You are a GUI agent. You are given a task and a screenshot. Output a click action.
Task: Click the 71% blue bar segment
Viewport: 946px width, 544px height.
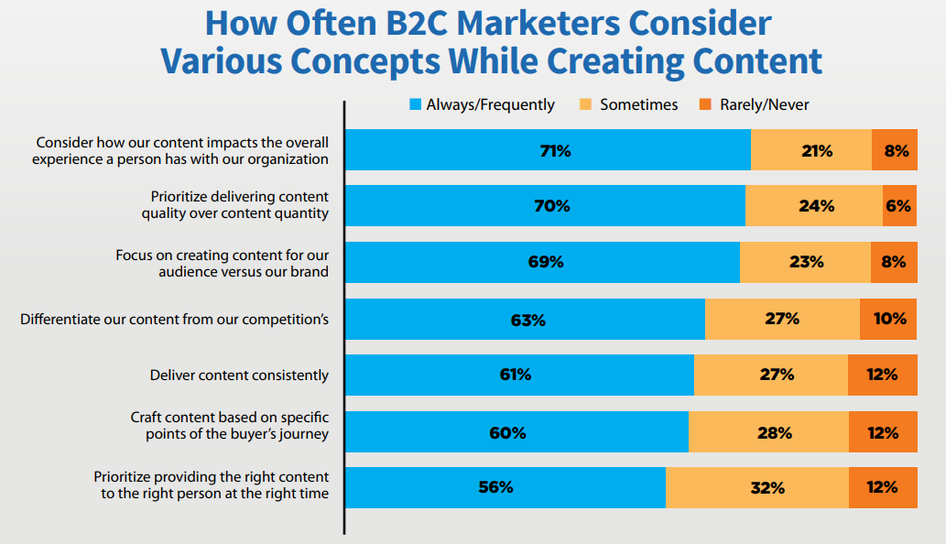coord(548,150)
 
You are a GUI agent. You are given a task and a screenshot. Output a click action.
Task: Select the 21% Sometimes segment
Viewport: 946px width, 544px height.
coord(811,150)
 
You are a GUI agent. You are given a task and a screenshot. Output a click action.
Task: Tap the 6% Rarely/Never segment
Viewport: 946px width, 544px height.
coord(899,206)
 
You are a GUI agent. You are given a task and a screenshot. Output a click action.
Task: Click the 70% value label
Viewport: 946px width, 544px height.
coord(551,206)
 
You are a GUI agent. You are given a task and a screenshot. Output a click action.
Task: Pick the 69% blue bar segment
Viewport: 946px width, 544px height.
coord(542,262)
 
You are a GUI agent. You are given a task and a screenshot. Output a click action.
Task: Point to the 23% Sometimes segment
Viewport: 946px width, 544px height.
coord(805,262)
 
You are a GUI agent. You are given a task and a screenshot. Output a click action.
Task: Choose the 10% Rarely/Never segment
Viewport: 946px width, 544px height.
coord(888,319)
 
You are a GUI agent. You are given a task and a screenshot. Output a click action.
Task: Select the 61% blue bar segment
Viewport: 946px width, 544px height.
coord(519,375)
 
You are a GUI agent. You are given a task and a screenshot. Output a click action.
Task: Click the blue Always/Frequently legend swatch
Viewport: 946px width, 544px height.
coord(415,105)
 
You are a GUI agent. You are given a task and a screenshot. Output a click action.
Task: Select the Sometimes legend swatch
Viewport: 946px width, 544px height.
coord(586,105)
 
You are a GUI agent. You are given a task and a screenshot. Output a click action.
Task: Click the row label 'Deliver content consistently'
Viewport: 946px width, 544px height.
coord(239,375)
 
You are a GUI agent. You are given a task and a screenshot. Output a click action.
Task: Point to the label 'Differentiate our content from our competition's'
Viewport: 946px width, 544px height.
coord(174,320)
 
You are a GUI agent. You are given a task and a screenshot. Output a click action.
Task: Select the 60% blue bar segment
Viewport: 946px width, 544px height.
coord(516,431)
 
